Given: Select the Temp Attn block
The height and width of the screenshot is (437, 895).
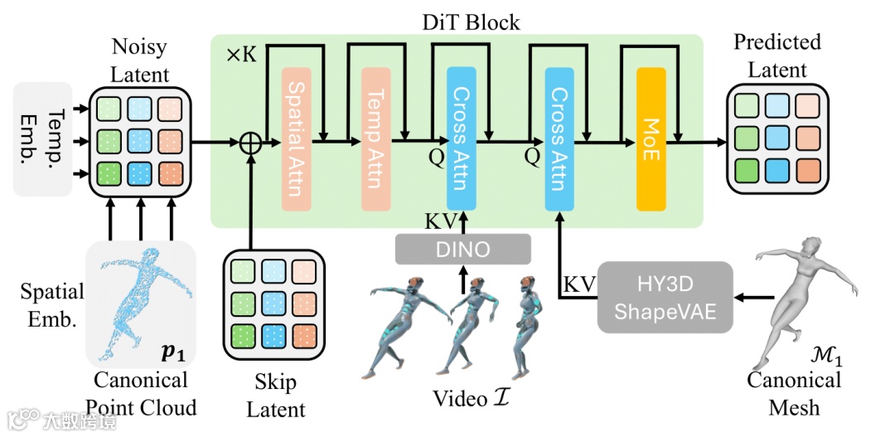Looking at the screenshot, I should (x=375, y=138).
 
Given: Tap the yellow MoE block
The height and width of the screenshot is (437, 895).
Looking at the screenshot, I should (x=651, y=138).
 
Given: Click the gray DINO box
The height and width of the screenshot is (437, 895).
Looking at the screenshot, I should (x=462, y=249).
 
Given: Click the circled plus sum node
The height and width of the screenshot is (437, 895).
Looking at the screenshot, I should (x=250, y=143).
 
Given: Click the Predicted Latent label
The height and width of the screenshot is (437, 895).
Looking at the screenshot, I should (x=777, y=54).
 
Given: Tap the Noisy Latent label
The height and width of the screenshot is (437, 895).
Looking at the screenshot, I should (x=140, y=61).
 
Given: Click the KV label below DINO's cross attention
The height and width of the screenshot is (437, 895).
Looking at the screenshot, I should (x=439, y=221).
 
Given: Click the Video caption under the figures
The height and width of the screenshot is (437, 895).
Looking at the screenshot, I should (x=470, y=399).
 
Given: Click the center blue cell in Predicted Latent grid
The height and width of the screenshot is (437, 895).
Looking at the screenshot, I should (x=777, y=136).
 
